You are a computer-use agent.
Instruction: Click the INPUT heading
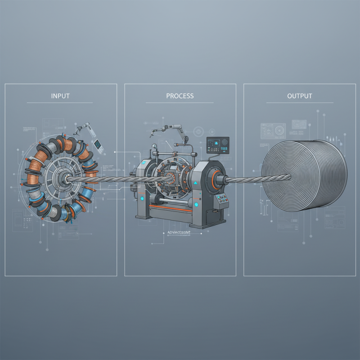pos(60,96)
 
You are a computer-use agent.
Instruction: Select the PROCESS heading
pos(180,96)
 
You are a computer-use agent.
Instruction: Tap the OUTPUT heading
pos(299,96)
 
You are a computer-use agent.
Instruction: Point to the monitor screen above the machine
pos(217,145)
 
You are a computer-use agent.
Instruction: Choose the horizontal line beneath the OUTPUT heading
pos(299,103)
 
